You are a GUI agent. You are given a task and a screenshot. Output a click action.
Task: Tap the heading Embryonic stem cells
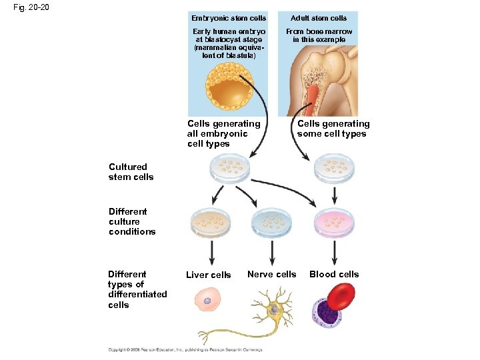229,18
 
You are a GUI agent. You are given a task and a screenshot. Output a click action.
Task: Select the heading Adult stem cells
319,18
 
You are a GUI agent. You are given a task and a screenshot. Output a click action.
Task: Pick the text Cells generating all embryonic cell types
224,133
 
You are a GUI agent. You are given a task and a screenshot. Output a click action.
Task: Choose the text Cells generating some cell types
333,129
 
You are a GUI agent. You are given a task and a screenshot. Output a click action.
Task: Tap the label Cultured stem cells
131,172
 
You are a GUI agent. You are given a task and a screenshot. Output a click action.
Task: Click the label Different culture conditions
131,221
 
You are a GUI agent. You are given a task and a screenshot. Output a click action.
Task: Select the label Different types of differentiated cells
137,289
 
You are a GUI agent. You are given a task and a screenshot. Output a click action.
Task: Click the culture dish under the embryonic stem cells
230,169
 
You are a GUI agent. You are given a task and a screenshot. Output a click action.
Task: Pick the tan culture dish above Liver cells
211,221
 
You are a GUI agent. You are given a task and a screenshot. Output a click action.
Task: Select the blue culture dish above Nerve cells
272,221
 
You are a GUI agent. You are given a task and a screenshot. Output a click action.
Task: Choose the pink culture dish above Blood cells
333,221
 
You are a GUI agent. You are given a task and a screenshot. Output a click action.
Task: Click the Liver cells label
208,275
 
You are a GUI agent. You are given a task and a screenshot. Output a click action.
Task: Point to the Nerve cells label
271,274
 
